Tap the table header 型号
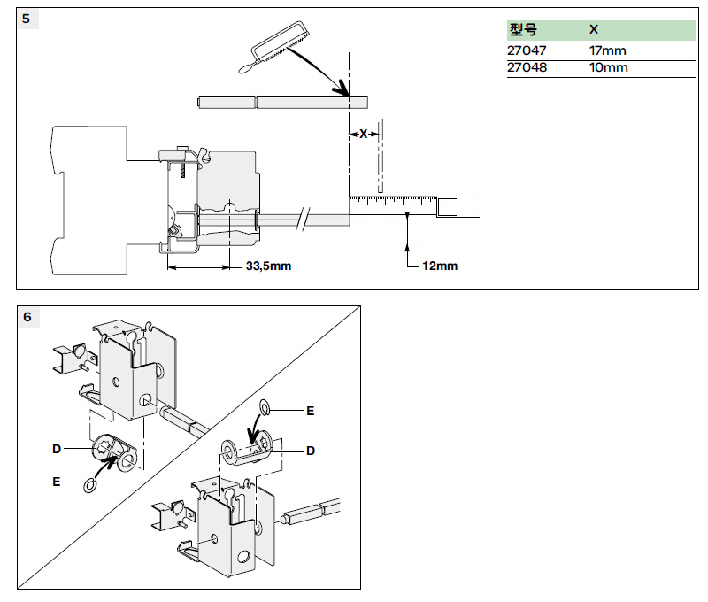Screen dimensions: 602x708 [523, 29]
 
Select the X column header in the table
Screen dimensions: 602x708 [594, 29]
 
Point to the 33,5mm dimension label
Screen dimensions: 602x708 [268, 266]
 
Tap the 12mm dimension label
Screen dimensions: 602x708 [441, 266]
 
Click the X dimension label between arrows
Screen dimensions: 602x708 [363, 134]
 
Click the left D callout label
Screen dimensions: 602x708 [57, 450]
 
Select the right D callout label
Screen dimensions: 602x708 [311, 451]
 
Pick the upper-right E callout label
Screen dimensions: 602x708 [310, 411]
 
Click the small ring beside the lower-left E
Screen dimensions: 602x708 [88, 485]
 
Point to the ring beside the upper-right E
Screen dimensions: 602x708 [264, 406]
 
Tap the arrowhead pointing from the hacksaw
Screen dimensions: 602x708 [342, 89]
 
